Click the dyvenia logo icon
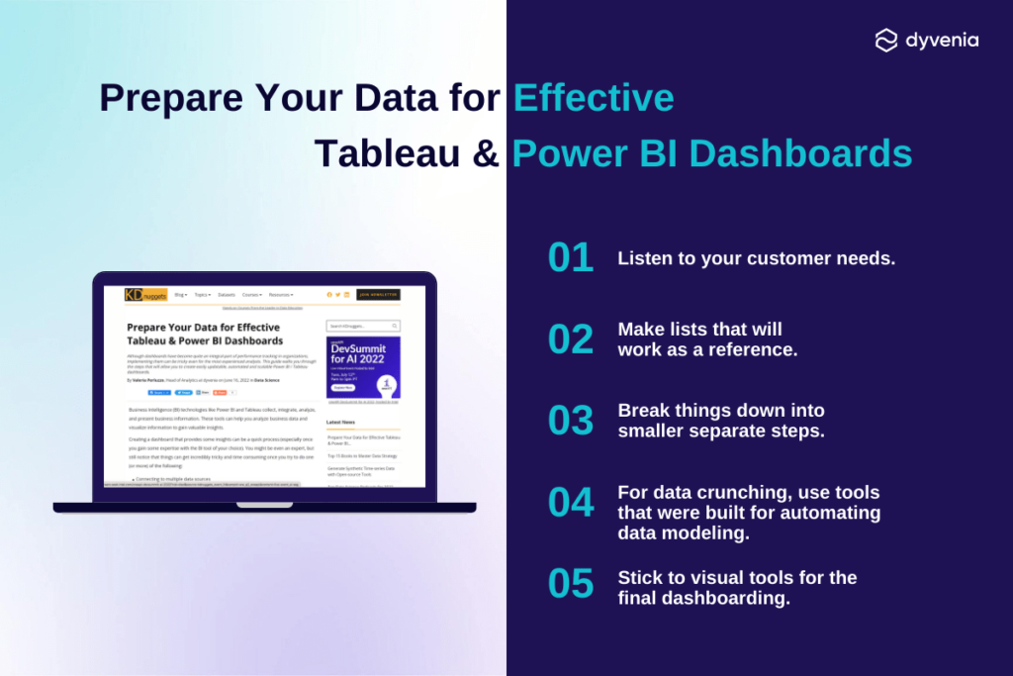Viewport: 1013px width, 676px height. (x=886, y=40)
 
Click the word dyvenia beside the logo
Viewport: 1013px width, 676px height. (x=942, y=41)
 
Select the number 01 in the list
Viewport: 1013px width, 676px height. (x=571, y=257)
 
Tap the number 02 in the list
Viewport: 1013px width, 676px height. (x=571, y=338)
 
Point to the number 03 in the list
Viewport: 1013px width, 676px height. (x=571, y=420)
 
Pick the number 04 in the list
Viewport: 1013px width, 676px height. (x=571, y=502)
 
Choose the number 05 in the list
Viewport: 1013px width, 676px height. (x=571, y=584)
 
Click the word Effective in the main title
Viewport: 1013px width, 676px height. (x=594, y=98)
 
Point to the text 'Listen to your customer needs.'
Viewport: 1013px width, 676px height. (x=756, y=258)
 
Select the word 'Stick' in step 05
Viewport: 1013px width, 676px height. (x=641, y=577)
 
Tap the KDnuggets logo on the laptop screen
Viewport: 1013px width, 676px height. (x=145, y=294)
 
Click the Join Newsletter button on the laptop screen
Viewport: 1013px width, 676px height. (x=378, y=294)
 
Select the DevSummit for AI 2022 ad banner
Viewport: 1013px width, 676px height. (x=363, y=367)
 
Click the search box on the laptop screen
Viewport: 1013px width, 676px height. (x=363, y=326)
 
